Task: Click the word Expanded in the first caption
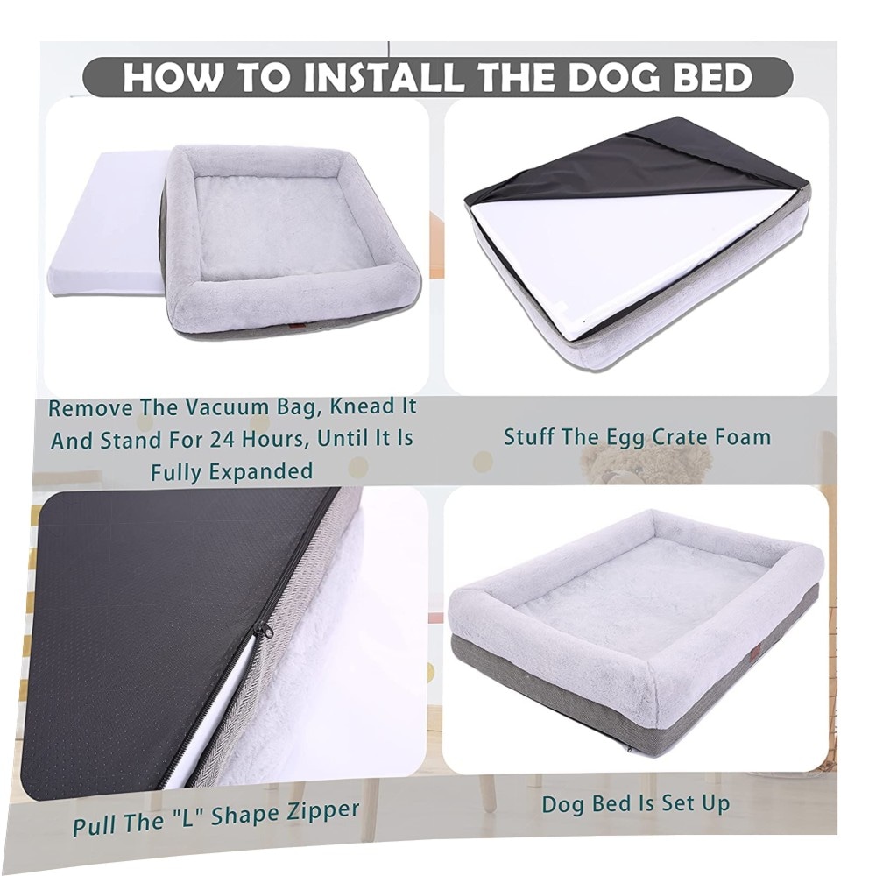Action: tap(260, 471)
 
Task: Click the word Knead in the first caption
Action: tap(355, 406)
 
